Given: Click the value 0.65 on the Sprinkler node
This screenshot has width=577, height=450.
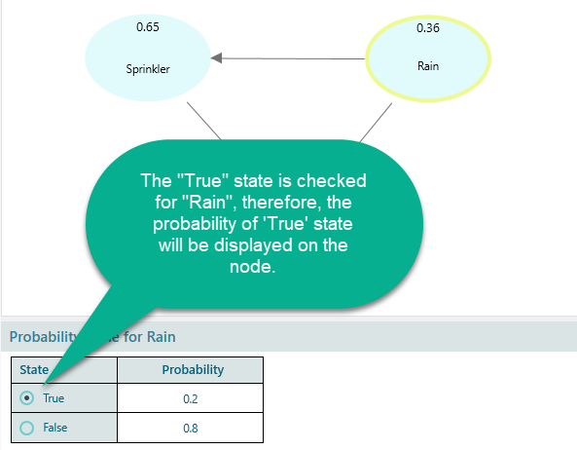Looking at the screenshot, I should pos(148,27).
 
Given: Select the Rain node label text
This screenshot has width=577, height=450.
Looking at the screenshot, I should pos(428,67).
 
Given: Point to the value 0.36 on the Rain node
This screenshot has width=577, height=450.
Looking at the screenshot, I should pos(428,28).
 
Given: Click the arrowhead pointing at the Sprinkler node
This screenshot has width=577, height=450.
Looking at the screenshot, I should pos(218,58).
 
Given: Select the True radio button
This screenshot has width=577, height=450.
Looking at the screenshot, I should pos(26,397).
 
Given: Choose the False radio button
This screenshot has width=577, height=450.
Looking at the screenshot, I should pos(26,427).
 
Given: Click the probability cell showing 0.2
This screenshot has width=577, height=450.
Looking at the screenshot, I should pos(191,398).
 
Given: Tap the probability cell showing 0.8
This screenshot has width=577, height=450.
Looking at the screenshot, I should pos(191,428).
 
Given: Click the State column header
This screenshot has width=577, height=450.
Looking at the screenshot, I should pos(36,370).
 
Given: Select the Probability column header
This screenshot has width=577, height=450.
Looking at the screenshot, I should pos(191,370).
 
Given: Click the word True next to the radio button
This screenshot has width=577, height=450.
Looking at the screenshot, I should pos(54,398).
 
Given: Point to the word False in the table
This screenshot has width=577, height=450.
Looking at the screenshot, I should pos(56,428).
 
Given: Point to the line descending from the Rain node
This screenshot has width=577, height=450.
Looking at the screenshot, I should pos(376,125).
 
